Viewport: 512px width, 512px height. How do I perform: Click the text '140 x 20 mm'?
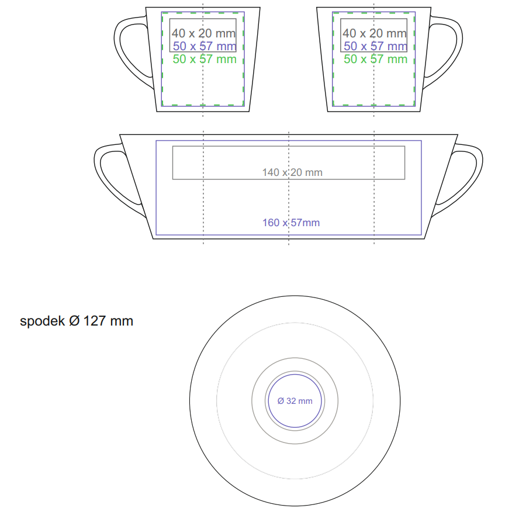(x=292, y=172)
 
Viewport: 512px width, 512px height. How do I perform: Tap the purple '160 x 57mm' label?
(x=291, y=223)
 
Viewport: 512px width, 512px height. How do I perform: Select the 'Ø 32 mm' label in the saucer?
(x=295, y=401)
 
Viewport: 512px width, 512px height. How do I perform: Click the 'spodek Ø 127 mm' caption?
(x=77, y=321)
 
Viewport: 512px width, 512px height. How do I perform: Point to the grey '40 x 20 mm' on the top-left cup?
(x=203, y=33)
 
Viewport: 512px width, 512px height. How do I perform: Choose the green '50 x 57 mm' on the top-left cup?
(x=205, y=59)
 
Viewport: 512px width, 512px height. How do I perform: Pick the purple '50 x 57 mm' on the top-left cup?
(x=205, y=46)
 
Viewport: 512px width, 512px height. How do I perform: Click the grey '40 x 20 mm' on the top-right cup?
(x=375, y=33)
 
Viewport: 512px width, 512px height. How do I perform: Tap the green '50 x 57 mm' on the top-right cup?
(x=375, y=59)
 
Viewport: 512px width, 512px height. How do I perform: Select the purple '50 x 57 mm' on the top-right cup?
(x=375, y=46)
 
